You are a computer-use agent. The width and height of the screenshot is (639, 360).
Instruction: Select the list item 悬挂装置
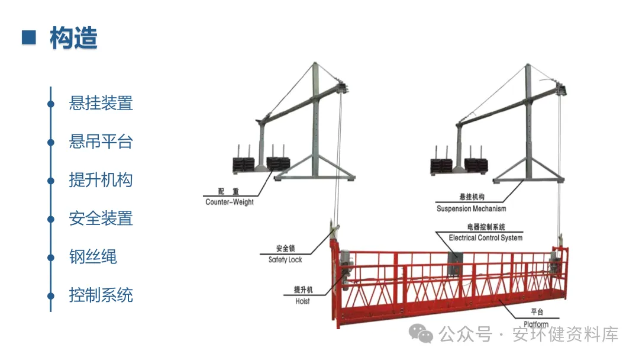[101, 103]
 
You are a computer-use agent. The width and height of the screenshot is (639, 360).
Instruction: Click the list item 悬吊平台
[101, 142]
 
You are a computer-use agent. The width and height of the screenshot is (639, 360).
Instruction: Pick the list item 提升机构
[101, 180]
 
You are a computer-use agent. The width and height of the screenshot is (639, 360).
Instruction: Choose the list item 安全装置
[101, 218]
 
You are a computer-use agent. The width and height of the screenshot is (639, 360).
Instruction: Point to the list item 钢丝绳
[93, 256]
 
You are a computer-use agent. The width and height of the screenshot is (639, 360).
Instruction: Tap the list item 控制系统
[101, 295]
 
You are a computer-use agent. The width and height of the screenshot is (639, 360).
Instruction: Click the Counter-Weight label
[230, 202]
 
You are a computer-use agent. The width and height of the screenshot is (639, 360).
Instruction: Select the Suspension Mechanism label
[471, 208]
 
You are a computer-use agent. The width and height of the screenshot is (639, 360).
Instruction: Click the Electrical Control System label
[485, 237]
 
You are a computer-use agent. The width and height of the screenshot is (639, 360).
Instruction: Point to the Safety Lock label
[285, 259]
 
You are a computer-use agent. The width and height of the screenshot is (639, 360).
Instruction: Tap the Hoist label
[302, 301]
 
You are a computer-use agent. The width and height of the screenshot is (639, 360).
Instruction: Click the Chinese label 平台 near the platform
[537, 312]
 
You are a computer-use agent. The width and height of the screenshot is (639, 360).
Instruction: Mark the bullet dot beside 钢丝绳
[51, 257]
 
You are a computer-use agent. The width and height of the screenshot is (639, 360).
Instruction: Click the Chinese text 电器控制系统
[485, 227]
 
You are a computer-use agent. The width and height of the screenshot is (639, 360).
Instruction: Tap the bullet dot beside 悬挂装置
[51, 104]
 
